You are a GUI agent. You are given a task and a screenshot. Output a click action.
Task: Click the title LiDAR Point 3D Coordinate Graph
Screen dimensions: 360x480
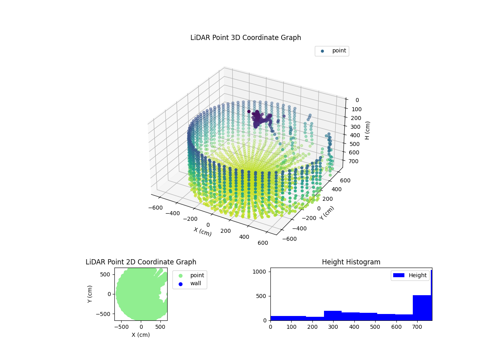246,38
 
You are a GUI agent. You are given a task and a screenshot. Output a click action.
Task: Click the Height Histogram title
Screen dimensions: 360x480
351,262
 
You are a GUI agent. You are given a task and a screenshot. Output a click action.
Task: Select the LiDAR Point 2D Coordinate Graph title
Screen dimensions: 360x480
141,262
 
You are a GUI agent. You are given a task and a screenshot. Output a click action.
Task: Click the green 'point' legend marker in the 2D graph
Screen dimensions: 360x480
180,276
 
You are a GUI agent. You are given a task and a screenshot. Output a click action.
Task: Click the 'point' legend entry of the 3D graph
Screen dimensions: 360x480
339,51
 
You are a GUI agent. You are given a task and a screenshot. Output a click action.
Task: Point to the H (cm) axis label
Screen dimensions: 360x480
367,130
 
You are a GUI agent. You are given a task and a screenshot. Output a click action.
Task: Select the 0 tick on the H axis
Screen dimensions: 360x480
356,100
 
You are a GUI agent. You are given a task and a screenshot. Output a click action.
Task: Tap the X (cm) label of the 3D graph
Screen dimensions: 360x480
202,232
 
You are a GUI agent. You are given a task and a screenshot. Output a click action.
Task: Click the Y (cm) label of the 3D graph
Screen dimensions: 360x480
326,213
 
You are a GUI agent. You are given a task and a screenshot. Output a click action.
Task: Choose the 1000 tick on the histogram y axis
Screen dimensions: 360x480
260,272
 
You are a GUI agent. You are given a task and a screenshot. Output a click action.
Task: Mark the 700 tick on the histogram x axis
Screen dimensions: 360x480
417,326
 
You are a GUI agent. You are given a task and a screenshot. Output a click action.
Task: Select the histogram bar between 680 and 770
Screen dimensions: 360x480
422,307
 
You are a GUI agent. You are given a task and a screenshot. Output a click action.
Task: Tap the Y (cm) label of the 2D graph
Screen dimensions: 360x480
90,294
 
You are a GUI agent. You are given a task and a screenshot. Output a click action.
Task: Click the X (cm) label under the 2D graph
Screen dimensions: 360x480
141,335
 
